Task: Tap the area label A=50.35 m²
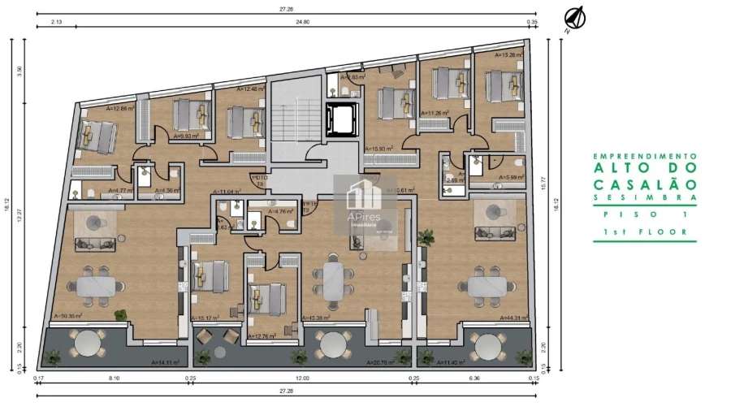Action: point(68,317)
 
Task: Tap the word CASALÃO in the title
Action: point(644,185)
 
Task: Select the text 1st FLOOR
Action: point(644,231)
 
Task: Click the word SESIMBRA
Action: point(644,197)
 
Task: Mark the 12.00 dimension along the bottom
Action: point(302,379)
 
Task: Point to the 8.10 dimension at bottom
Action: point(114,379)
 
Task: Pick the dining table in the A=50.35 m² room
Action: point(99,285)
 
